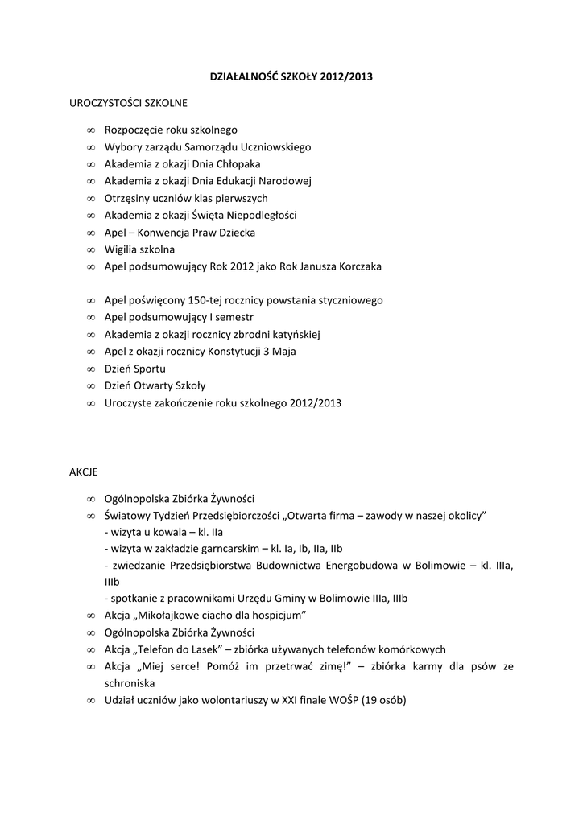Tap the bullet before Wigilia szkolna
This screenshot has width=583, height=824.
(x=90, y=249)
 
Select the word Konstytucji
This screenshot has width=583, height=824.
(x=251, y=352)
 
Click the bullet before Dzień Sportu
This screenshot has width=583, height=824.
(x=90, y=369)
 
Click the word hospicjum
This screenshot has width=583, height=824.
(x=278, y=616)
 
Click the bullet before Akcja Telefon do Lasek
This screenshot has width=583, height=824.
(x=90, y=649)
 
